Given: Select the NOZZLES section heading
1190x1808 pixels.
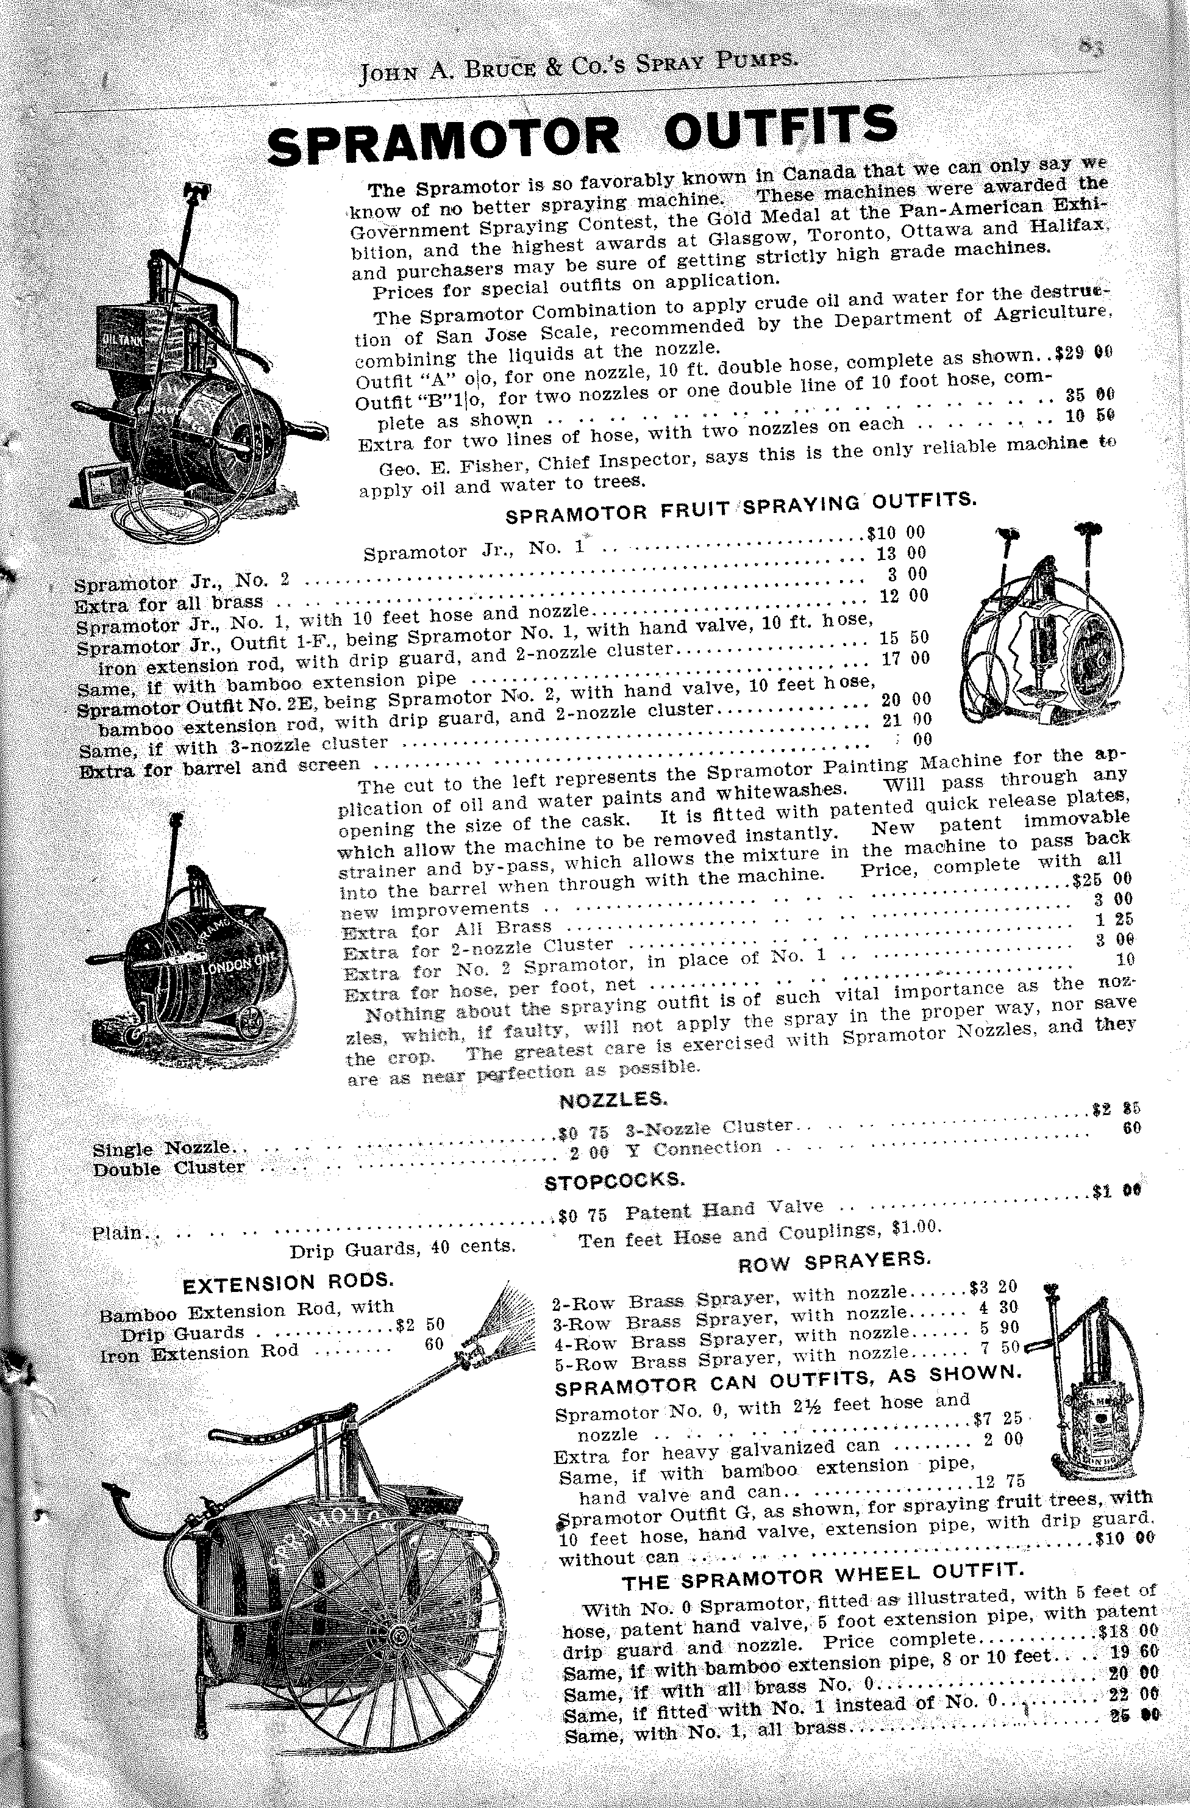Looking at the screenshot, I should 613,1099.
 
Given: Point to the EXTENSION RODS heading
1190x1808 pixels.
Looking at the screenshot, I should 288,1282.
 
